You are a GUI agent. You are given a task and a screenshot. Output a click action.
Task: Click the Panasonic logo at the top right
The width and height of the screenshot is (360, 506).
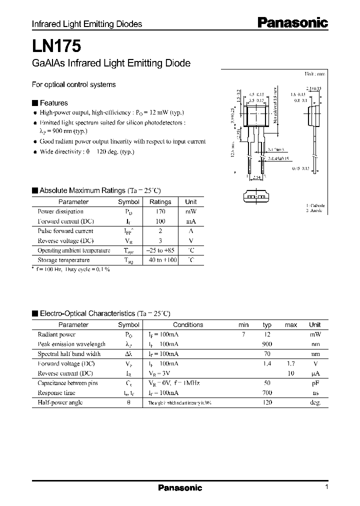click(x=292, y=22)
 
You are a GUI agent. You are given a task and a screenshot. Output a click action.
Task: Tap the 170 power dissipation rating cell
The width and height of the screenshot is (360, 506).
click(x=160, y=211)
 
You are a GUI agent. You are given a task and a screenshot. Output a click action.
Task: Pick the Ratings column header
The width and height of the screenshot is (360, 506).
click(x=160, y=202)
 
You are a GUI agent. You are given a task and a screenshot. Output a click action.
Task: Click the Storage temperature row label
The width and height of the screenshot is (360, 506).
click(x=63, y=260)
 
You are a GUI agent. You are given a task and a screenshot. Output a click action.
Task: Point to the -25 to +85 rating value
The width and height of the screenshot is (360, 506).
click(x=160, y=250)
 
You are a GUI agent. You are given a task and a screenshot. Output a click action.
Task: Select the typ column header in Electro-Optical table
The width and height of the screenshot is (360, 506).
click(x=267, y=324)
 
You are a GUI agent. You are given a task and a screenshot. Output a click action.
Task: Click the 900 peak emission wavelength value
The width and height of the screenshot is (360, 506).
click(x=267, y=344)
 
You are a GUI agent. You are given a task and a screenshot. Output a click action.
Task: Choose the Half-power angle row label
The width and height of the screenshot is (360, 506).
click(x=60, y=402)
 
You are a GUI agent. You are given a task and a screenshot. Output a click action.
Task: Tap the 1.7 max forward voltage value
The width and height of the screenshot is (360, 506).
click(x=290, y=363)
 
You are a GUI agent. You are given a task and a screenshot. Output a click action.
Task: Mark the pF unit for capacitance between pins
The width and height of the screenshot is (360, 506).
click(x=315, y=383)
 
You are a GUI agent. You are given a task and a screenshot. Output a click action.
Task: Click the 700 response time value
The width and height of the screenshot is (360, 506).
click(x=267, y=393)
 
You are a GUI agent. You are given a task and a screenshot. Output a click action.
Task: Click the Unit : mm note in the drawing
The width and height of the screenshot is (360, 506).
click(x=315, y=74)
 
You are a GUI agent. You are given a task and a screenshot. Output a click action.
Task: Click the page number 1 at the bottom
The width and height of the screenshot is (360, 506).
click(x=326, y=487)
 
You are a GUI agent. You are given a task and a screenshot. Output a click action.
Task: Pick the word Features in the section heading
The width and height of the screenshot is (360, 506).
click(x=53, y=103)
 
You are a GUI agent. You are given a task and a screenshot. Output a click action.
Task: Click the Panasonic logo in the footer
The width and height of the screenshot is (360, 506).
click(x=180, y=488)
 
